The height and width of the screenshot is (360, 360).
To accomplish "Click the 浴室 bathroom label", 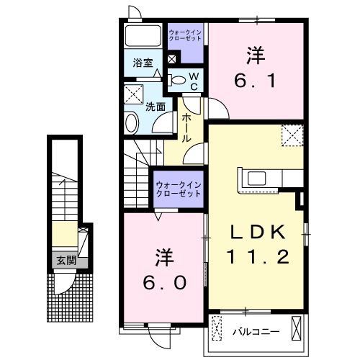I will tap(142, 63).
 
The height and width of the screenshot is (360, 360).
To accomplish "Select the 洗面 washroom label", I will tap(156, 106).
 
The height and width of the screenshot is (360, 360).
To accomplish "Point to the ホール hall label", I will tap(186, 127).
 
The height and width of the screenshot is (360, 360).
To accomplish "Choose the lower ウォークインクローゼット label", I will tap(179, 189).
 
